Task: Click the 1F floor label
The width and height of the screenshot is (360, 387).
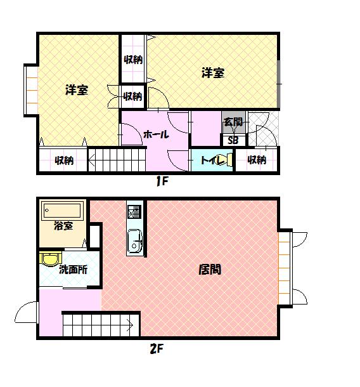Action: pos(162,181)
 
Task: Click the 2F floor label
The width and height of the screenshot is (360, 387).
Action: pos(157,349)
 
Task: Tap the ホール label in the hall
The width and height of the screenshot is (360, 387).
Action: pos(156,134)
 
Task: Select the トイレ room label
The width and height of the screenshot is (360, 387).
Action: pos(212,161)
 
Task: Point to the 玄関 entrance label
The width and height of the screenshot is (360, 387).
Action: pos(233,122)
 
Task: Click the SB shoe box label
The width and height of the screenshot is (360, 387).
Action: pos(233,140)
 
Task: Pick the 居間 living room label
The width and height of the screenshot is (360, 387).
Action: pos(210,269)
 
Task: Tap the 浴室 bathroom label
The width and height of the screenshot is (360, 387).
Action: pos(63,226)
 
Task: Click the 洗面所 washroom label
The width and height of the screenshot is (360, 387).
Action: pos(73,270)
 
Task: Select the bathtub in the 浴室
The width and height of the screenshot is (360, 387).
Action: pos(62,211)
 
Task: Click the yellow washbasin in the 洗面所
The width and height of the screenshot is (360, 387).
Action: pos(50,259)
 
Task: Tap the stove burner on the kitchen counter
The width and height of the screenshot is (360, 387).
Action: pos(134,211)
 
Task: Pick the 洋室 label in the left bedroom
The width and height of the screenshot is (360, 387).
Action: pos(77,90)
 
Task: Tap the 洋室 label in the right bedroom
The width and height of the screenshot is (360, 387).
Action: pos(213,73)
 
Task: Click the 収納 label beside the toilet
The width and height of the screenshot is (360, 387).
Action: pos(257,160)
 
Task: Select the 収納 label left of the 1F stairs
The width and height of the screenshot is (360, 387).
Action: pos(64,161)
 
